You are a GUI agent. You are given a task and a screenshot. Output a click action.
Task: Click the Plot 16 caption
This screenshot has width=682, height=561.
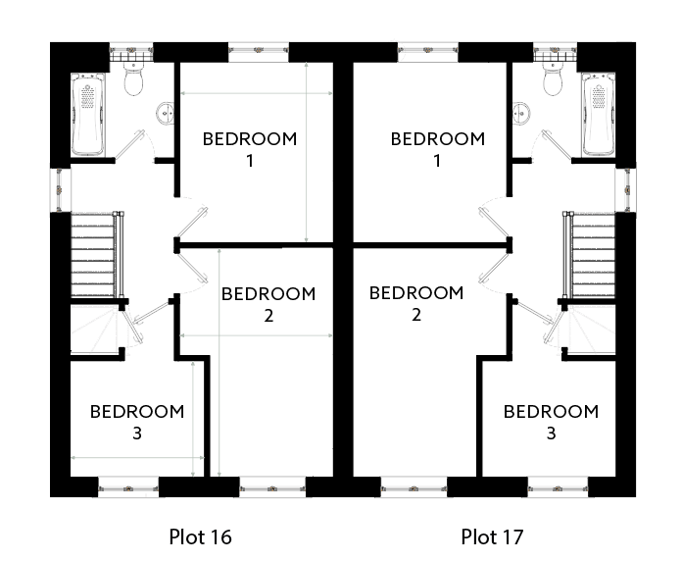200,536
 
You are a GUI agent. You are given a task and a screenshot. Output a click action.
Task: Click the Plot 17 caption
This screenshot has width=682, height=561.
492,536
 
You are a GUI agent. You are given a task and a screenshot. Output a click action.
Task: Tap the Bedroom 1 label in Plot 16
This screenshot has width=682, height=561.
250,149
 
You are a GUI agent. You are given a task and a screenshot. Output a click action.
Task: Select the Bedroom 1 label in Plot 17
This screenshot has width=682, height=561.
438,149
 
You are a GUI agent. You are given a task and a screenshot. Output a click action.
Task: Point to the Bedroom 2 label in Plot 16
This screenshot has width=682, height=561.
268,304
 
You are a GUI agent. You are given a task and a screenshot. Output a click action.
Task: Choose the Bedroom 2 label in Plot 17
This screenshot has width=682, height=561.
416,303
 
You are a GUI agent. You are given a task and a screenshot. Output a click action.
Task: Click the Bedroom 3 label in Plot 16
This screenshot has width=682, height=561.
137,422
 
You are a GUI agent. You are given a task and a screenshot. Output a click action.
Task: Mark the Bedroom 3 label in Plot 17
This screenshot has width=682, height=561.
551,422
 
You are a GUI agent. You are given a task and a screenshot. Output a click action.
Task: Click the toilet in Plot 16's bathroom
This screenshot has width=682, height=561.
133,78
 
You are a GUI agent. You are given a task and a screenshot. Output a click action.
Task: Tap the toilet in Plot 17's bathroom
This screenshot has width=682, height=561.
553,78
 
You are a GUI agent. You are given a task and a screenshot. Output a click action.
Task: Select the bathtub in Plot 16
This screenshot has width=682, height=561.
88,115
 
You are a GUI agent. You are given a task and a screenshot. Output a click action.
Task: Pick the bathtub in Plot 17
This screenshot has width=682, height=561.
599,115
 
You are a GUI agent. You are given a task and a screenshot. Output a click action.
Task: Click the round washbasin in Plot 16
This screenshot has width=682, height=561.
166,113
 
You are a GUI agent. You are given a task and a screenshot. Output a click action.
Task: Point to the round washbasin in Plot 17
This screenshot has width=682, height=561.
521,113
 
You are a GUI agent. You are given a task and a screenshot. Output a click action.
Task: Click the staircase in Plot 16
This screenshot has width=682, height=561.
98,255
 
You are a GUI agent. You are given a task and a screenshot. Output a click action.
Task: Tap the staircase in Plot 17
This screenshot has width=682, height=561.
589,255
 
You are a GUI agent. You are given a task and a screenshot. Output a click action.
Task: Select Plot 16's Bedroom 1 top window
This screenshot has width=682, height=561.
259,51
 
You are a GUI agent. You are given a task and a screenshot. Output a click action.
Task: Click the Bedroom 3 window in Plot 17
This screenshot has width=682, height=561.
558,488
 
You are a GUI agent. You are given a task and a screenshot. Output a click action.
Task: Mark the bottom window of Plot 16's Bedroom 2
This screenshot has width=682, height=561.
272,488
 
